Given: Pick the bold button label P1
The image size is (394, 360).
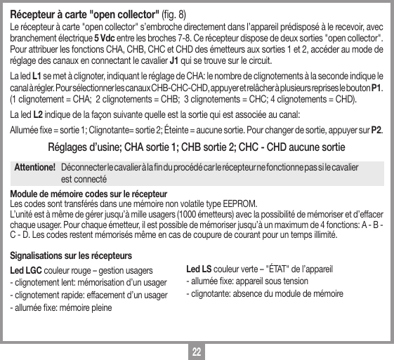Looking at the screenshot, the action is [x=376, y=87].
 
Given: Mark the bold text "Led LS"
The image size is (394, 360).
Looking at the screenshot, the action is [x=198, y=269].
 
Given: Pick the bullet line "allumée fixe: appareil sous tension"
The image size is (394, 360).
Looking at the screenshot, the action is [x=238, y=282].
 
